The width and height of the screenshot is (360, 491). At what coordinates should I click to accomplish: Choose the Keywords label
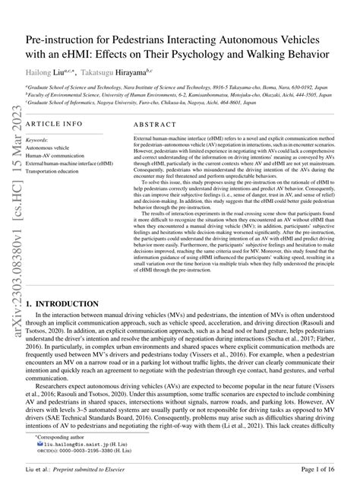[36, 141]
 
